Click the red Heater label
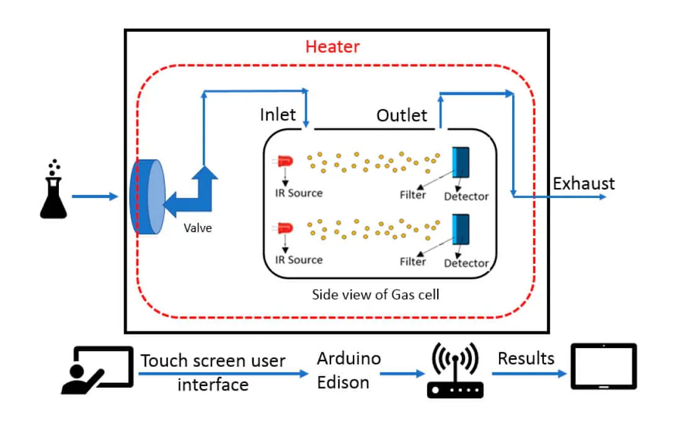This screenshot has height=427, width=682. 332,47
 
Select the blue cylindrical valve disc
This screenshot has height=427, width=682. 147,197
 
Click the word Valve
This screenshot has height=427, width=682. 197,228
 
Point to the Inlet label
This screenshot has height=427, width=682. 278,115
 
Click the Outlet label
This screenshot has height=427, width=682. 402,115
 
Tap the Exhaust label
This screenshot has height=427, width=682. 583,184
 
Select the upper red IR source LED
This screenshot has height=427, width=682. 285,161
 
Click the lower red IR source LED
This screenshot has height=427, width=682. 285,228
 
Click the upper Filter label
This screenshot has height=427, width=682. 413,195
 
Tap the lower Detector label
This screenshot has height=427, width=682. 466,263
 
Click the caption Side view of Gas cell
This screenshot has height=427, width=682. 375,294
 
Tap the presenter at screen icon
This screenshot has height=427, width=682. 97,371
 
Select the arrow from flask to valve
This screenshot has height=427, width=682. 94,197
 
